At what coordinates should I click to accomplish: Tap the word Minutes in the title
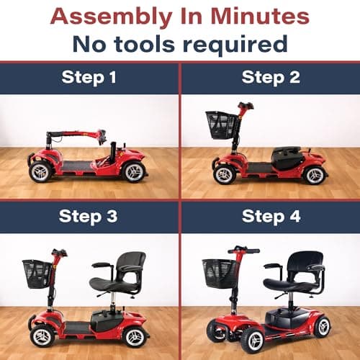[260, 17]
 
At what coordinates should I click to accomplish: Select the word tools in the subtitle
[144, 44]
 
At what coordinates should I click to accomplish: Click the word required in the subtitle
[235, 45]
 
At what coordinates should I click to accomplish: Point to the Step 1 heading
[89, 78]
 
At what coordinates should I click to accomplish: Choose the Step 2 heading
[271, 78]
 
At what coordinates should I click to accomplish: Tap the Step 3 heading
[88, 217]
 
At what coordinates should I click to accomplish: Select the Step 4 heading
[271, 217]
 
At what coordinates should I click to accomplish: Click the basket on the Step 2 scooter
[221, 125]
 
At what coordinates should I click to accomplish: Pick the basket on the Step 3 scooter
[37, 274]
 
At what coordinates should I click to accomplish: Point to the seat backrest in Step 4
[305, 262]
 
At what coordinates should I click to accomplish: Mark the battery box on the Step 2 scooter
[287, 158]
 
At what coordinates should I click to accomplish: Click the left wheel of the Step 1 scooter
[40, 172]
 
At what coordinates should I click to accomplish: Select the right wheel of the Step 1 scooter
[134, 172]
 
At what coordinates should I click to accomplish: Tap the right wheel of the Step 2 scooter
[315, 175]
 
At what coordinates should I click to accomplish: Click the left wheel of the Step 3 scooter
[42, 336]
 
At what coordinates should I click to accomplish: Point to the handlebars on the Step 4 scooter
[243, 251]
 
